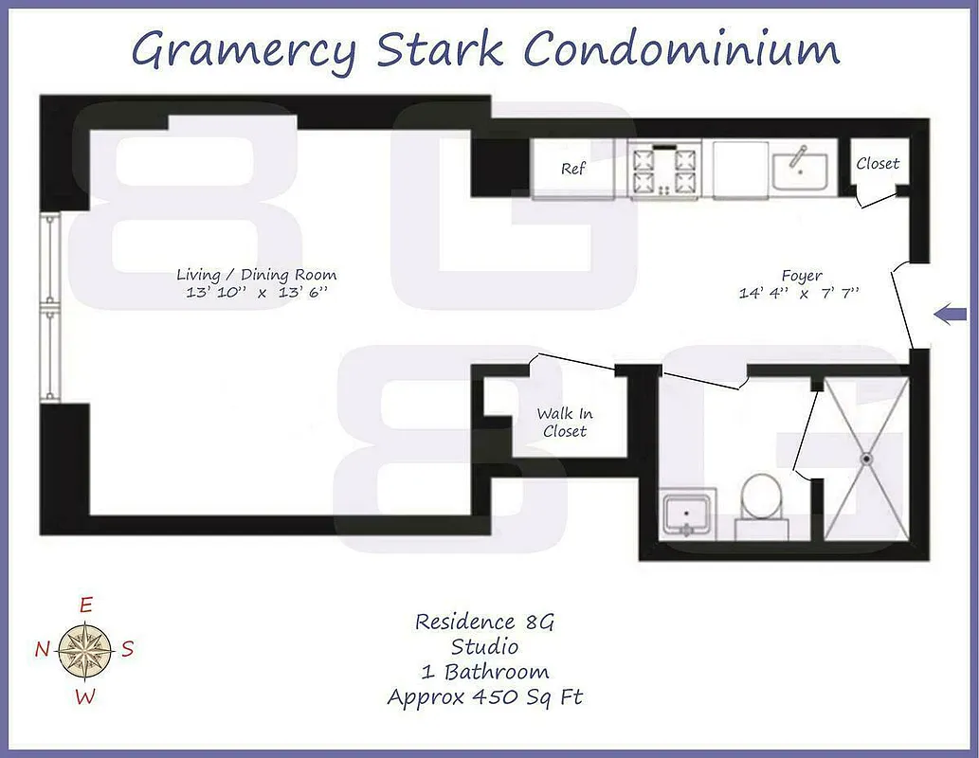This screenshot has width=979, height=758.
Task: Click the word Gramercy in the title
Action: coord(245,49)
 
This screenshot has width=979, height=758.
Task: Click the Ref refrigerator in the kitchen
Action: coord(572,170)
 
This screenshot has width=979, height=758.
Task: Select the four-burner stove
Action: coord(663,171)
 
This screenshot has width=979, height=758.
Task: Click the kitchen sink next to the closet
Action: coord(800,171)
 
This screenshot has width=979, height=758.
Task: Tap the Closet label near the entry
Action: coord(878,164)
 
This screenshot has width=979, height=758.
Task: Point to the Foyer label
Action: coord(802,276)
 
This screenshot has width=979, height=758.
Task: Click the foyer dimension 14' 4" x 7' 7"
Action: coord(799,294)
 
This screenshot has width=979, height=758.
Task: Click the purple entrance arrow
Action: coord(950,314)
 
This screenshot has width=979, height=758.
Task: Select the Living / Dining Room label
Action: coord(256,275)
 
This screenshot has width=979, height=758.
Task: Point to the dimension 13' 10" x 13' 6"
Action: coord(256,293)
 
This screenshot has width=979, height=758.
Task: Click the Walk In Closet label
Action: coord(564,423)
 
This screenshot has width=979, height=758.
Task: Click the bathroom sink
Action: coord(688,514)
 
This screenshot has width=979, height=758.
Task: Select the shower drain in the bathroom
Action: coord(865,459)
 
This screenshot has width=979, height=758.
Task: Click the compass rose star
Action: coord(85,650)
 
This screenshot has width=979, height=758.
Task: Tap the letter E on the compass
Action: coord(85,605)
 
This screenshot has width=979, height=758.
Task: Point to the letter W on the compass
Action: coord(85,697)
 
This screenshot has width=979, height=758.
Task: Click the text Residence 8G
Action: coord(483,623)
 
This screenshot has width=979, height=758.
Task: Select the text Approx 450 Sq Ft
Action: coord(484,697)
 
